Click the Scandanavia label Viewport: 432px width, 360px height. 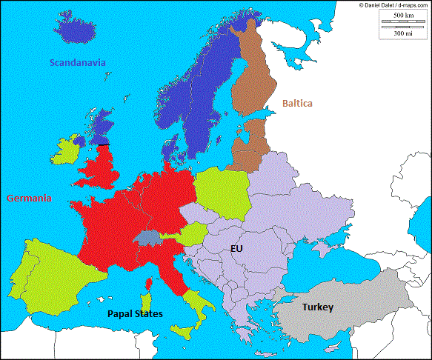pyautogui.click(x=77, y=63)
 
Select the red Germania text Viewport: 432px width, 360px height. pyautogui.click(x=29, y=199)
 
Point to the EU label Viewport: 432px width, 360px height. pyautogui.click(x=236, y=250)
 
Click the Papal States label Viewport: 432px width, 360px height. pyautogui.click(x=135, y=313)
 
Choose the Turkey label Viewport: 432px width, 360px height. pyautogui.click(x=317, y=307)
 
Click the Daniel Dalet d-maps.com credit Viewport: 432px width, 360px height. pyautogui.click(x=393, y=5)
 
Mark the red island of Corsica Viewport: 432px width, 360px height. pyautogui.click(x=149, y=284)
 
